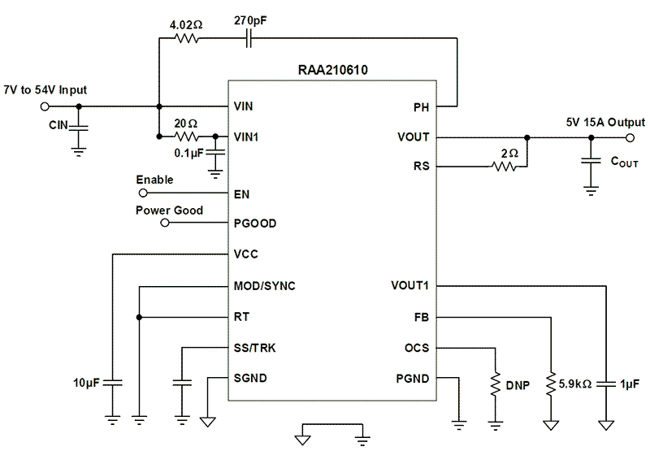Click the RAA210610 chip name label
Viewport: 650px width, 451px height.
tap(332, 70)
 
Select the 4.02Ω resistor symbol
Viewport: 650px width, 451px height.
tap(188, 38)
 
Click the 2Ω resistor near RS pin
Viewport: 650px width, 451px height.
tap(505, 167)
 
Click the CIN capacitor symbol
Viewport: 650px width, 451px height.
tap(79, 127)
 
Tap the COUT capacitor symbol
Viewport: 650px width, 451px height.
tap(591, 163)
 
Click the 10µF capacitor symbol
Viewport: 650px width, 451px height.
tap(113, 381)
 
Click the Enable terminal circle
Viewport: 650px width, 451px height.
tap(143, 194)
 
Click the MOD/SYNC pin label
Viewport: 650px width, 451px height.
tap(264, 286)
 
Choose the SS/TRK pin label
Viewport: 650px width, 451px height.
tap(254, 348)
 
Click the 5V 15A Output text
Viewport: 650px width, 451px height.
tap(605, 122)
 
